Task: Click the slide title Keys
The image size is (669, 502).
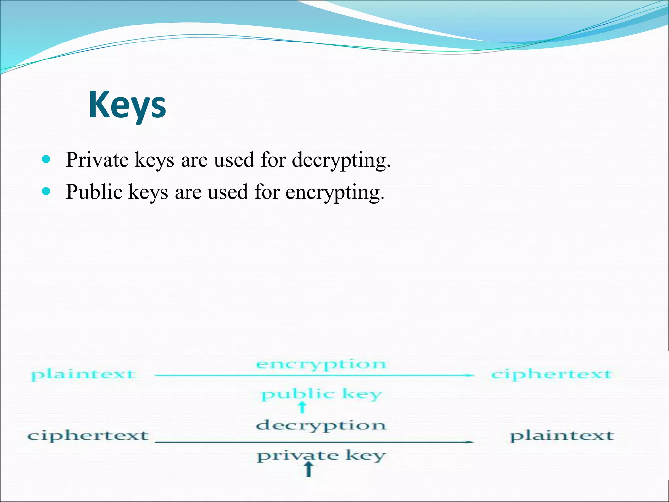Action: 127,105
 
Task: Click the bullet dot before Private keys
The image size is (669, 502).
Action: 46,159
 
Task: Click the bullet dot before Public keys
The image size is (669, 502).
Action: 46,191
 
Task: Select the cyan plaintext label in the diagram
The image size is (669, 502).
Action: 83,375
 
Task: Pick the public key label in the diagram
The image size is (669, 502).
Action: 321,394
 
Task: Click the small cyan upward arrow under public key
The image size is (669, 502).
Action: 302,407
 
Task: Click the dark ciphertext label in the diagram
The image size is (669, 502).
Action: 88,436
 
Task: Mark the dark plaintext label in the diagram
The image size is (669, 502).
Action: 562,436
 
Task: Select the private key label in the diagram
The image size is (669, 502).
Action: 321,456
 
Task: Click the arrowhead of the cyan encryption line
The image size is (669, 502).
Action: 470,375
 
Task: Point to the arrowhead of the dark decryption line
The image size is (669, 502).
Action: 470,442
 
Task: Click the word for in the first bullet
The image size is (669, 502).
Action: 273,160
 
